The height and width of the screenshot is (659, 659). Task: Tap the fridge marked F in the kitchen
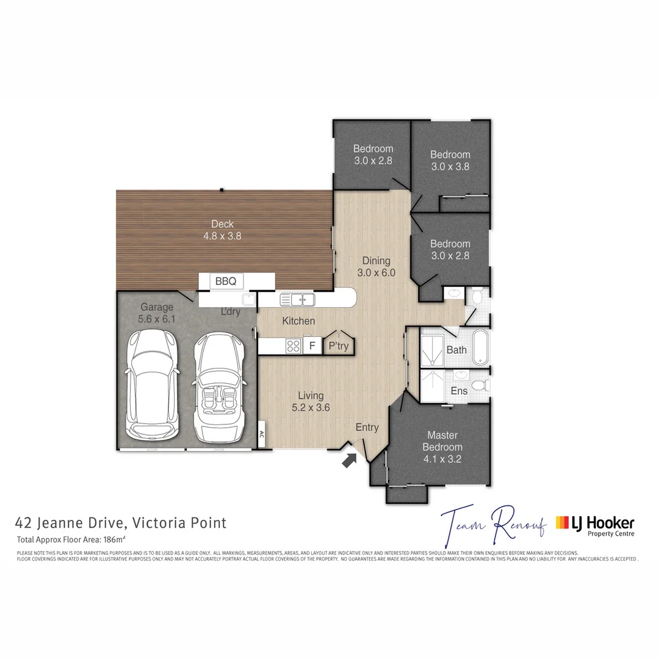coord(312,346)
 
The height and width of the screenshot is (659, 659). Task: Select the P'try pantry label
coord(338,346)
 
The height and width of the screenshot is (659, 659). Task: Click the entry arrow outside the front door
coord(349,460)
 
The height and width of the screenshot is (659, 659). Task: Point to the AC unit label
coord(261,435)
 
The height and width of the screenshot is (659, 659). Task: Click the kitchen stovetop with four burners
coord(293,346)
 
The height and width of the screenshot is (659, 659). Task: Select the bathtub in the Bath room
coord(480,347)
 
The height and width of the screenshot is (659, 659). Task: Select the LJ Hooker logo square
coord(562,522)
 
